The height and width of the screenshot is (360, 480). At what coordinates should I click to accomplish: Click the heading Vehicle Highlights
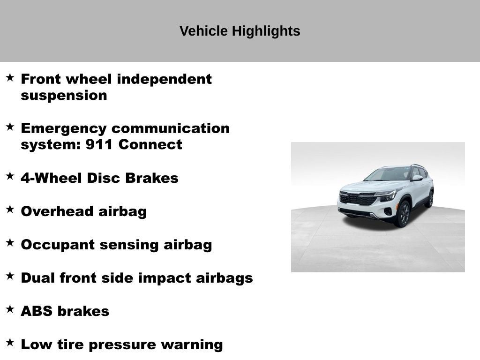point(240,31)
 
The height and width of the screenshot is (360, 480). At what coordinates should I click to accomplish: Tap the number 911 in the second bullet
point(99,145)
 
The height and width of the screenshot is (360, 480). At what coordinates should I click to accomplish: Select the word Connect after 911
point(150,145)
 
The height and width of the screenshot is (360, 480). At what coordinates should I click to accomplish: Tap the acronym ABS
point(36,312)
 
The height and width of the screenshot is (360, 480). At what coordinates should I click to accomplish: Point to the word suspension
point(64,96)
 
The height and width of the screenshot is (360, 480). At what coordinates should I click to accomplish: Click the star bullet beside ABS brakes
point(10,309)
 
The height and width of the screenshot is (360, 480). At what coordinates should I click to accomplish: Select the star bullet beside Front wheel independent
point(10,77)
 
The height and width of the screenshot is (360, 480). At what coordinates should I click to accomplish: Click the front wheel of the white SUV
point(403,214)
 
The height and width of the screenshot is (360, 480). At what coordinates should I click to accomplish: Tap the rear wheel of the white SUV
point(429,199)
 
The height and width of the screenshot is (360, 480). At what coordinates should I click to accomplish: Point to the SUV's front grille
point(357,198)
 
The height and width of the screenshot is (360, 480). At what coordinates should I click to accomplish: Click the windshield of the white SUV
point(389,174)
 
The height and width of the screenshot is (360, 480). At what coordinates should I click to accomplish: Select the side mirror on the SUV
point(417,178)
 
